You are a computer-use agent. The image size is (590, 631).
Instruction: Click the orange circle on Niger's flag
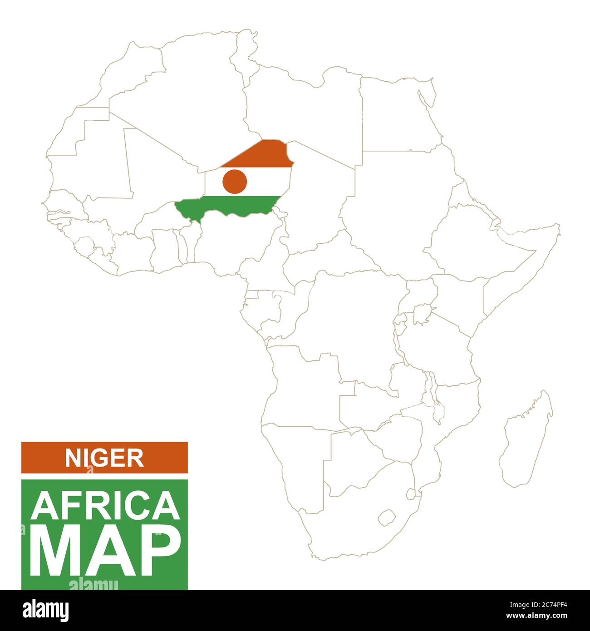tap(235, 181)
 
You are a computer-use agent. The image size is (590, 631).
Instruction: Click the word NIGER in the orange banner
tap(104, 458)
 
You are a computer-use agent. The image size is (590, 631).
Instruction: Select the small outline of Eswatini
tap(410, 493)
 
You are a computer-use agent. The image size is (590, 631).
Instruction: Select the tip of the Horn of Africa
tap(558, 226)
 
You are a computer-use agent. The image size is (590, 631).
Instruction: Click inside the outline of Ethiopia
tap(467, 241)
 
